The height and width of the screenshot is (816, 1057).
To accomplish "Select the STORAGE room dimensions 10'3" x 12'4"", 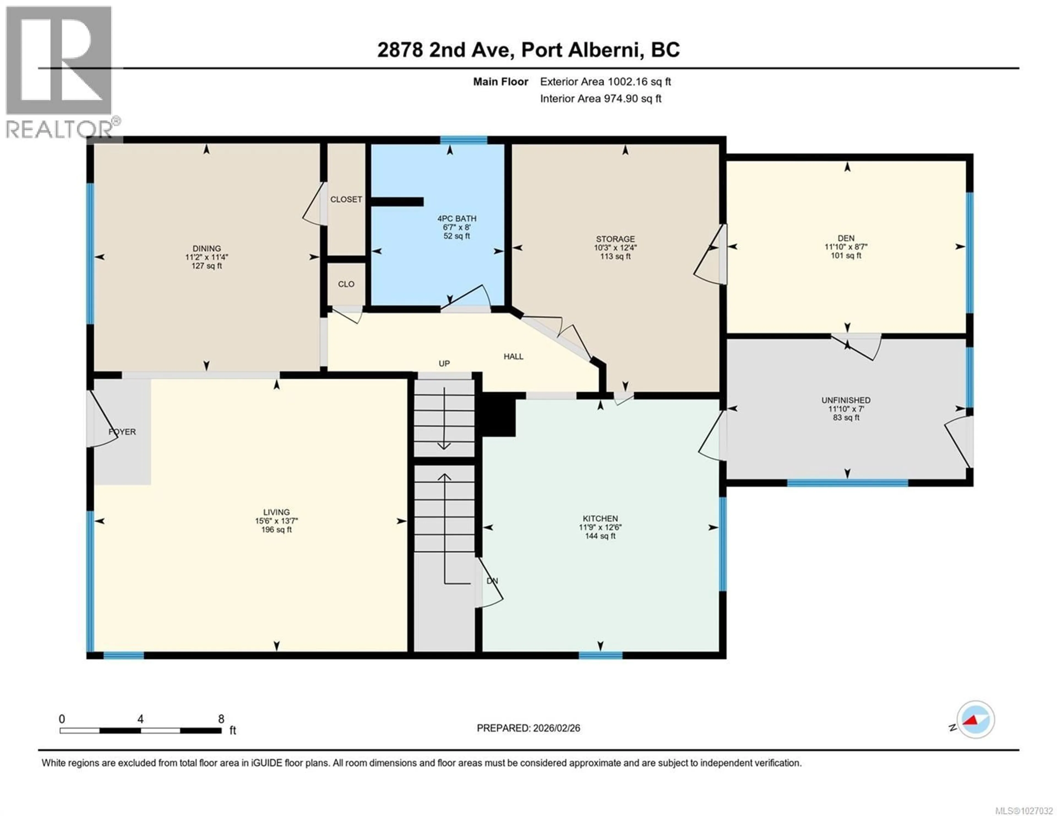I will coord(615,248).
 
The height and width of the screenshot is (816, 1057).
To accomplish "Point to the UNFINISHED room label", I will coord(846,400).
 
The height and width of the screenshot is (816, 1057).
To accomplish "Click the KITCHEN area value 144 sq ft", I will coord(600,536).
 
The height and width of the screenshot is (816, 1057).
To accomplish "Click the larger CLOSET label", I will coord(346,199).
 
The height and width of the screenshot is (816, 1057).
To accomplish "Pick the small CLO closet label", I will coord(346,284).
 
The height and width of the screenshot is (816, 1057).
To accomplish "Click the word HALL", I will coord(513,356).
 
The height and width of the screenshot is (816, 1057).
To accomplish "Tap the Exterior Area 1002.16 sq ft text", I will coord(605,82).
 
